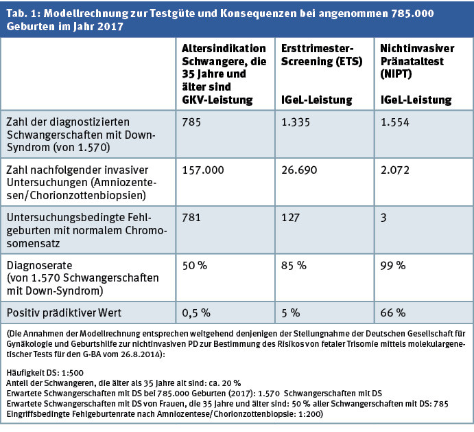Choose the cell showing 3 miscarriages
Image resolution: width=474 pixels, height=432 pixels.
tap(383, 217)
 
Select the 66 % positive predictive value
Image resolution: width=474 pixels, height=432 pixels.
tap(392, 312)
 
